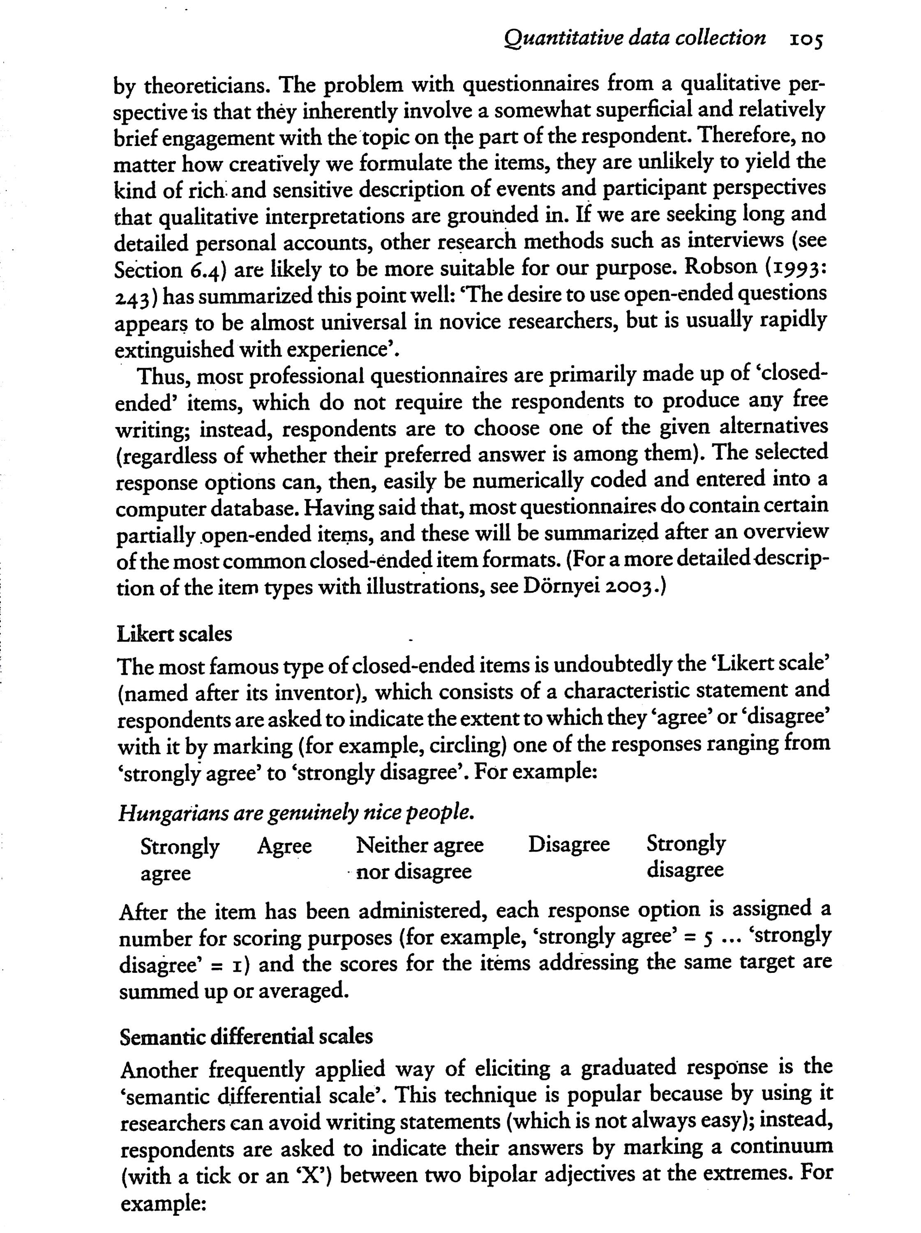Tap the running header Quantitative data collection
pos(635,38)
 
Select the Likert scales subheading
pos(175,634)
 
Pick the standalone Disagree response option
pos(569,845)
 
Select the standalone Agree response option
pos(284,846)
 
